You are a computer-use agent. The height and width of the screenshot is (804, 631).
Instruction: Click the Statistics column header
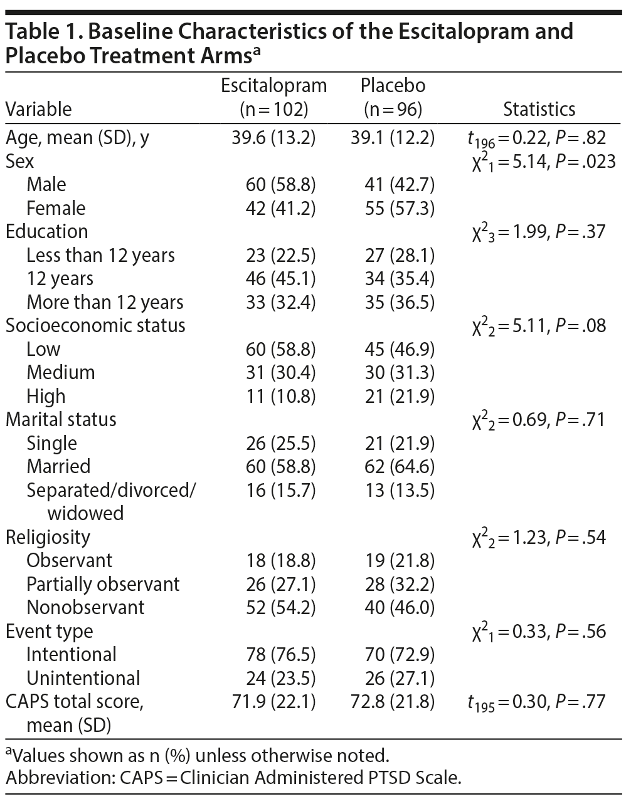click(539, 110)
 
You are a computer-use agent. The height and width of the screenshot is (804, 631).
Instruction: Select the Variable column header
click(38, 110)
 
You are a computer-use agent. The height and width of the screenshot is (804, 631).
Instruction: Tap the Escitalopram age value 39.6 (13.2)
click(273, 138)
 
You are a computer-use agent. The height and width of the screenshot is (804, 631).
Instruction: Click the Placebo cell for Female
click(399, 208)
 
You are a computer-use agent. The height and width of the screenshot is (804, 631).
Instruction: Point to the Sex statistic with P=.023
click(544, 162)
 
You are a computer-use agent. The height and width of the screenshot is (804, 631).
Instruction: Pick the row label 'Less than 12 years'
click(100, 255)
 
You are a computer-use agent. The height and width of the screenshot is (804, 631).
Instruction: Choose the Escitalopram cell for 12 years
click(280, 278)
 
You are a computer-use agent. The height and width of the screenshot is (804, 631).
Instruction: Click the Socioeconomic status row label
click(95, 325)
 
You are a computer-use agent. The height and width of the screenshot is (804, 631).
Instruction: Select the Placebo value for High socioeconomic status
click(399, 396)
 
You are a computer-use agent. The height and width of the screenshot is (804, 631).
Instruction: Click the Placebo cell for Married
click(399, 466)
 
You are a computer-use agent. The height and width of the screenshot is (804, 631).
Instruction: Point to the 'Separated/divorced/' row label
click(111, 490)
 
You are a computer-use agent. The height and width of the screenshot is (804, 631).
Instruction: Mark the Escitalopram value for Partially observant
click(280, 584)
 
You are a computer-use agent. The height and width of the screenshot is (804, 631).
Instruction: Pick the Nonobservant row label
click(85, 607)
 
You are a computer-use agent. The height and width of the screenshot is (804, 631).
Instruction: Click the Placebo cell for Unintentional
click(399, 678)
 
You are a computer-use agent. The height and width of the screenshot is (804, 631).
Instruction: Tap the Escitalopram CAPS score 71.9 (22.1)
click(273, 701)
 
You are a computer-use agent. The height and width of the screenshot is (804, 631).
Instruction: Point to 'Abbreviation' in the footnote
click(48, 778)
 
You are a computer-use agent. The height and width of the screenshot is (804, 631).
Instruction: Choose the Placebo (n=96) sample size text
click(393, 110)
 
